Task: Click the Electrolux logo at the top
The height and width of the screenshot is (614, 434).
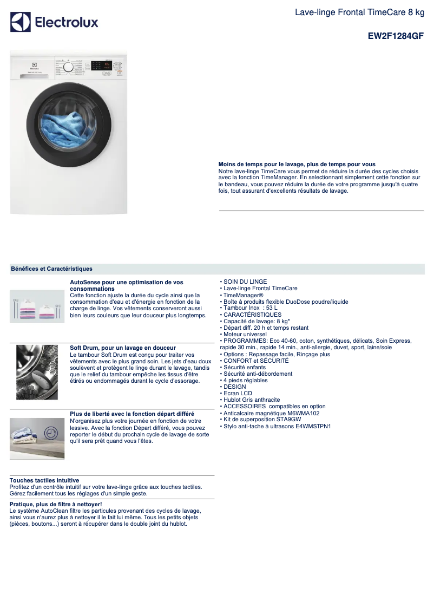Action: pos(54,22)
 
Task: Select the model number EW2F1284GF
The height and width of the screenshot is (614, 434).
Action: pos(396,36)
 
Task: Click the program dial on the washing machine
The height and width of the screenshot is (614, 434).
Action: pos(68,67)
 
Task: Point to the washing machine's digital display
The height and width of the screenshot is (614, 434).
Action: pos(107,64)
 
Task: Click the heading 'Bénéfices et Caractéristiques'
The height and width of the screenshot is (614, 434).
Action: pos(51,269)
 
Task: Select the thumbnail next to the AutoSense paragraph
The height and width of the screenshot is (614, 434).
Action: pos(37,306)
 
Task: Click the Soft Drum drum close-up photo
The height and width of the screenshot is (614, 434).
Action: pos(37,372)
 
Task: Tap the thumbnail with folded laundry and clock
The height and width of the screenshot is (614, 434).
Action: pos(37,438)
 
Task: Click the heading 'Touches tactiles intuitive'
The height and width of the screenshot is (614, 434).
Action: pos(44,480)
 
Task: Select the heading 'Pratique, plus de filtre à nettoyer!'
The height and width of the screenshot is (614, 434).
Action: pos(56,504)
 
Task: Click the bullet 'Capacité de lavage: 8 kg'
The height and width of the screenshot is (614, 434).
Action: pos(255,321)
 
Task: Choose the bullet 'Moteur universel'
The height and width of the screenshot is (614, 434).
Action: pos(245,335)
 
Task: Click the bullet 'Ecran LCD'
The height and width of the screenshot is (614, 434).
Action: pos(238,394)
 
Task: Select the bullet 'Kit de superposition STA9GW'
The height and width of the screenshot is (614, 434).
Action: pos(262,420)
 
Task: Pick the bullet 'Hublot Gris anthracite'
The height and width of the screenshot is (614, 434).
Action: pos(252,400)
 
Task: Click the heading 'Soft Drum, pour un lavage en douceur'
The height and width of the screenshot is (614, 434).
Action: pos(123,348)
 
